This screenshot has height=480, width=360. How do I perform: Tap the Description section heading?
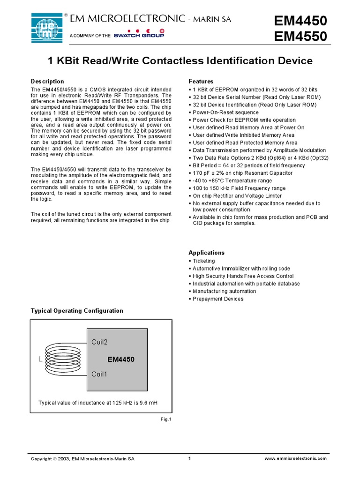pos(47,82)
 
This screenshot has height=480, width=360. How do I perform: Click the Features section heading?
pos(201,82)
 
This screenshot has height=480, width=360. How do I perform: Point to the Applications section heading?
pos(207,253)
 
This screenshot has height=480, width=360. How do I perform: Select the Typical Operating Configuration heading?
pos(77,311)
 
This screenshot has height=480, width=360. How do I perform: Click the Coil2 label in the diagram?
pos(99,342)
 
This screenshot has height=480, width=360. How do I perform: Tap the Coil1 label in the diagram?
pos(99,374)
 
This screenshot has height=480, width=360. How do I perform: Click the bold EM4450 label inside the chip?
pos(121,360)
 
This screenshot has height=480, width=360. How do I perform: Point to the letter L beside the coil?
pos(40,360)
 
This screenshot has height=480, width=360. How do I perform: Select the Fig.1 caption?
pos(166,419)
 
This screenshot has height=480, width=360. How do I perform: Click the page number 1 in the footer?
pos(189,458)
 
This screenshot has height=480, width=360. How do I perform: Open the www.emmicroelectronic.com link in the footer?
pos(296,459)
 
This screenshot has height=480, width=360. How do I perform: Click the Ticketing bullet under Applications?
pos(204,261)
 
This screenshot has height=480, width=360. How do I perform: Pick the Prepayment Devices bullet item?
pos(218,299)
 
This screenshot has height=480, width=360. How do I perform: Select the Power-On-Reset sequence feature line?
pos(225,112)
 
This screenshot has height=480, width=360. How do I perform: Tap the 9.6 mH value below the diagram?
pos(150,402)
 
